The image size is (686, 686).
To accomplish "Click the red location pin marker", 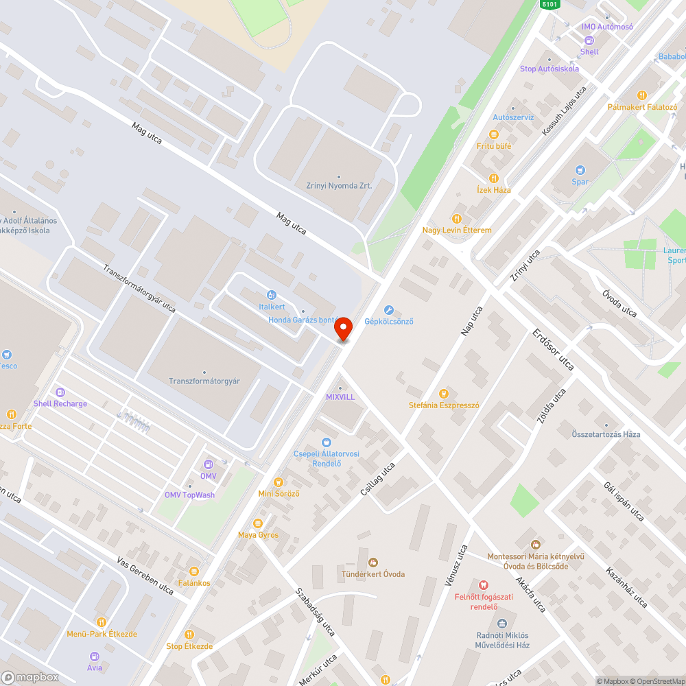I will pyautogui.click(x=342, y=329).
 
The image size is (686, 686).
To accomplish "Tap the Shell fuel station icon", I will pyautogui.click(x=589, y=40).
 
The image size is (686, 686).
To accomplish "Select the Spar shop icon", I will pyautogui.click(x=580, y=170).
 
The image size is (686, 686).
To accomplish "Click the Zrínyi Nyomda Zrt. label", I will pyautogui.click(x=339, y=185).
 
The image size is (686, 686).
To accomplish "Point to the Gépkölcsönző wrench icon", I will pyautogui.click(x=389, y=310).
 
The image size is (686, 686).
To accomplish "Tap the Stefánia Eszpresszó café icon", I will pyautogui.click(x=443, y=394).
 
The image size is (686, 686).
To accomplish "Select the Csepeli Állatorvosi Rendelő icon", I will pyautogui.click(x=326, y=442).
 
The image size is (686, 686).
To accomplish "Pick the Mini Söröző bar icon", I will pyautogui.click(x=278, y=482).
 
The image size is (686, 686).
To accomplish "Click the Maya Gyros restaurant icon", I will pyautogui.click(x=258, y=523).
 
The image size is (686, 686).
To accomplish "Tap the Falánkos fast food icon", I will pyautogui.click(x=194, y=571).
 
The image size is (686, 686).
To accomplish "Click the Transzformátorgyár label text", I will pyautogui.click(x=204, y=381).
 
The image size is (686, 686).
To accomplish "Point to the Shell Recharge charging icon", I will pyautogui.click(x=60, y=392).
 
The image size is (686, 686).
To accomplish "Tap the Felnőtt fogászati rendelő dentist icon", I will pyautogui.click(x=484, y=585).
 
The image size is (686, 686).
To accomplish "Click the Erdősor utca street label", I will pyautogui.click(x=553, y=349).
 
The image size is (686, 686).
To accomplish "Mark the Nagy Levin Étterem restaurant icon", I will pyautogui.click(x=457, y=219).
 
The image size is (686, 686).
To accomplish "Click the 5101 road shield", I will pyautogui.click(x=550, y=4).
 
